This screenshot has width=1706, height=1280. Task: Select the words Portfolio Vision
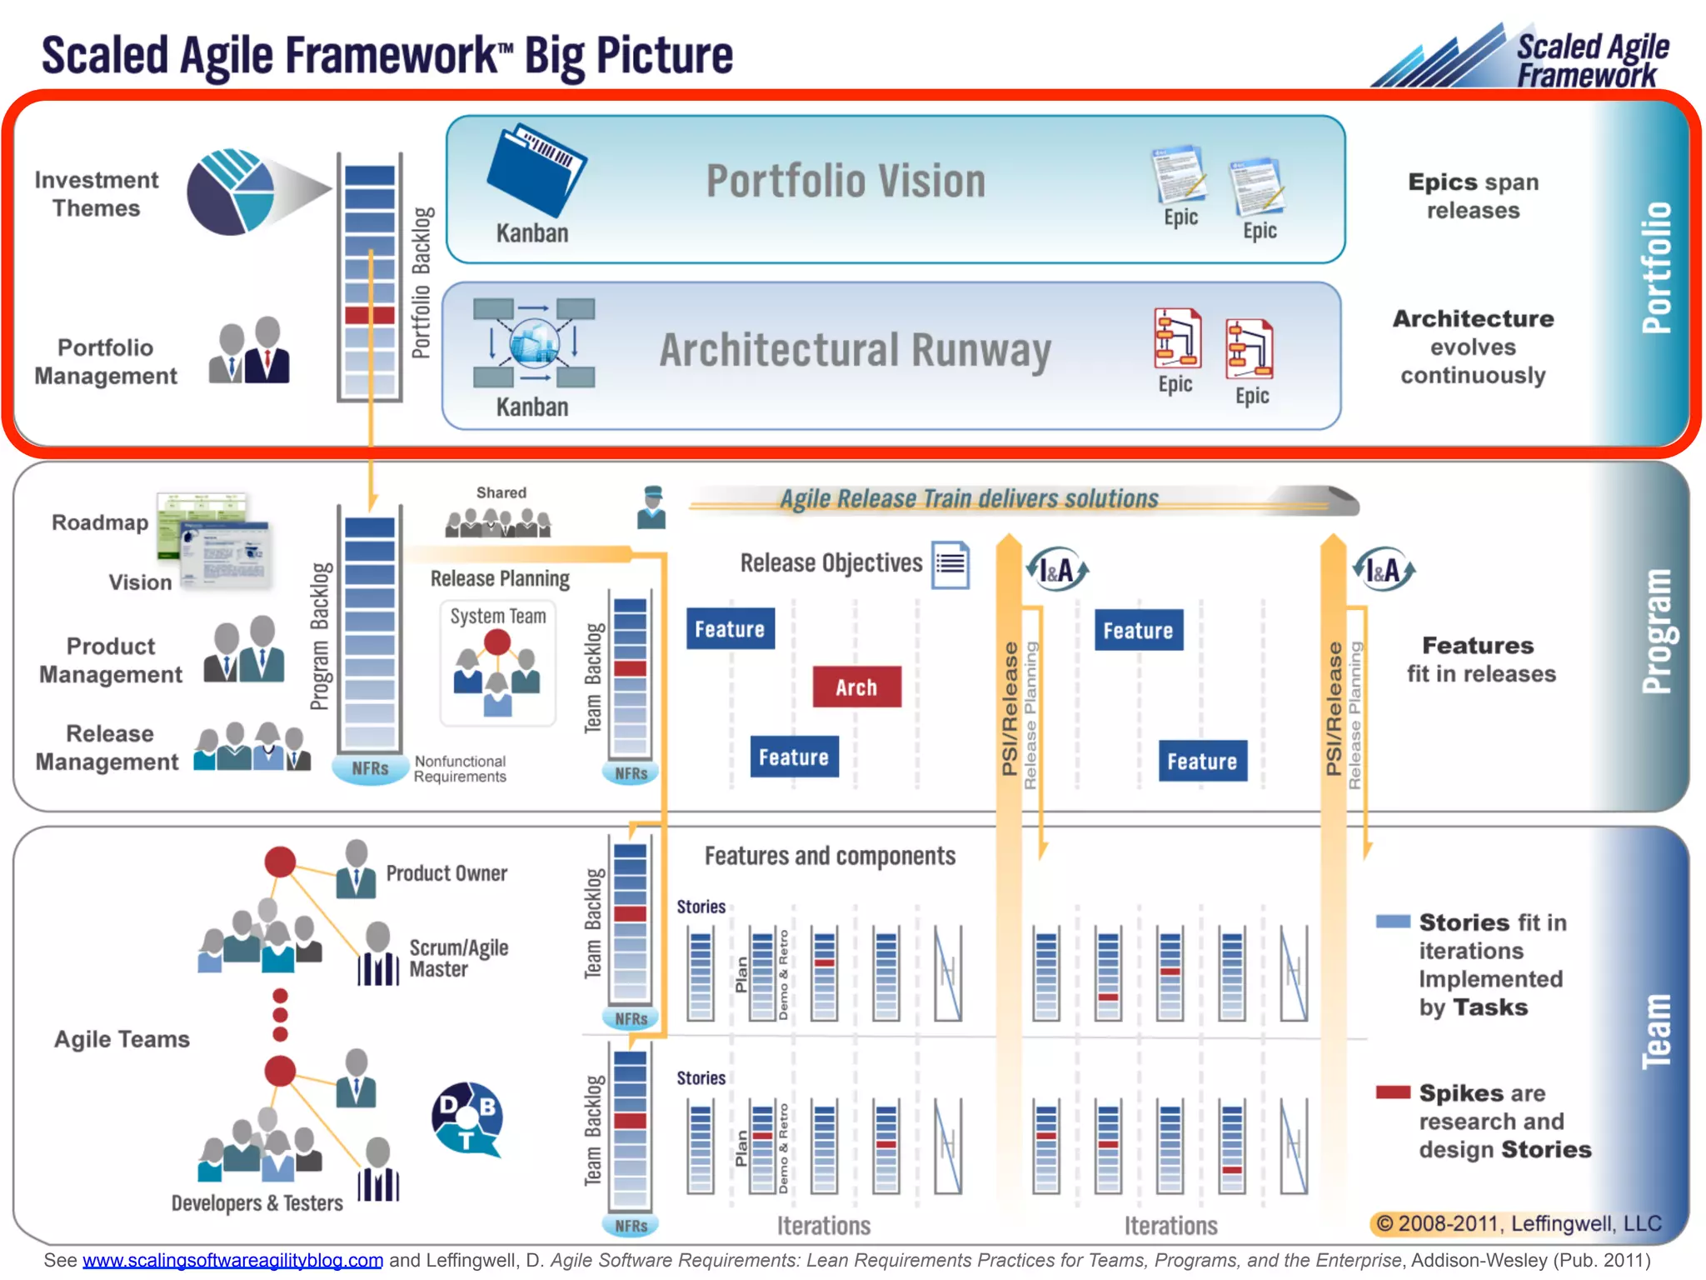(x=845, y=181)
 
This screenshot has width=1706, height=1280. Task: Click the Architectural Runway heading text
(x=855, y=350)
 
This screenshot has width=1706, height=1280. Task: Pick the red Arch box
(x=856, y=687)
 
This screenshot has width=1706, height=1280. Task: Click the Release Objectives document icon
(x=950, y=565)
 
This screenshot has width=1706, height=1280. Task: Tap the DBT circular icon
(x=467, y=1117)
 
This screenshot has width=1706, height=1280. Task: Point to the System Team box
(x=497, y=663)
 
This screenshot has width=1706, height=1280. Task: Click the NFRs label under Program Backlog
(x=370, y=768)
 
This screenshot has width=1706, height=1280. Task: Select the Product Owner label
(x=446, y=873)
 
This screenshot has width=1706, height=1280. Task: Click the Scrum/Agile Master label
(x=458, y=958)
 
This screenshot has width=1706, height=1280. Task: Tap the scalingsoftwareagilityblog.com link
(x=232, y=1260)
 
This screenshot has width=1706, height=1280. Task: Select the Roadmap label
(x=100, y=522)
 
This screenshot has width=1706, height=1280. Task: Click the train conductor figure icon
(x=651, y=507)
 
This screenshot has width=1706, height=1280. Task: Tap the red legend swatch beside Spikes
(x=1393, y=1092)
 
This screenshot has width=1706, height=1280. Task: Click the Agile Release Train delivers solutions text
(x=969, y=498)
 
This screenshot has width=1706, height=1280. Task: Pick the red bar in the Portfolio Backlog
(x=370, y=315)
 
